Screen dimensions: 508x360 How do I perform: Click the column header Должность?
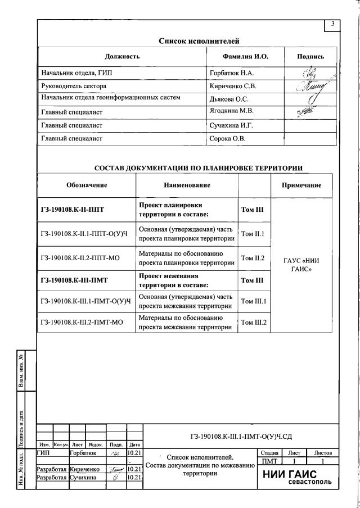pos(122,57)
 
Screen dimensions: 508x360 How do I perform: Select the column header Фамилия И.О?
pos(246,57)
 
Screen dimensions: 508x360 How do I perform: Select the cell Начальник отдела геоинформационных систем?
pos(111,98)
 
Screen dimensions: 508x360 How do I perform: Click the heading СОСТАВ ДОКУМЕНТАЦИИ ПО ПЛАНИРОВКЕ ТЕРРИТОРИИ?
pos(198,168)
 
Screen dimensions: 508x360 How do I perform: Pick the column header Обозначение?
pos(86,185)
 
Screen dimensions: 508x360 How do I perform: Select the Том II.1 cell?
pos(253,233)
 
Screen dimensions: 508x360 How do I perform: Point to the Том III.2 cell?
pos(253,323)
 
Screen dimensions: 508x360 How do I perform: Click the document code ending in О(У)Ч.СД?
pos(240,436)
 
